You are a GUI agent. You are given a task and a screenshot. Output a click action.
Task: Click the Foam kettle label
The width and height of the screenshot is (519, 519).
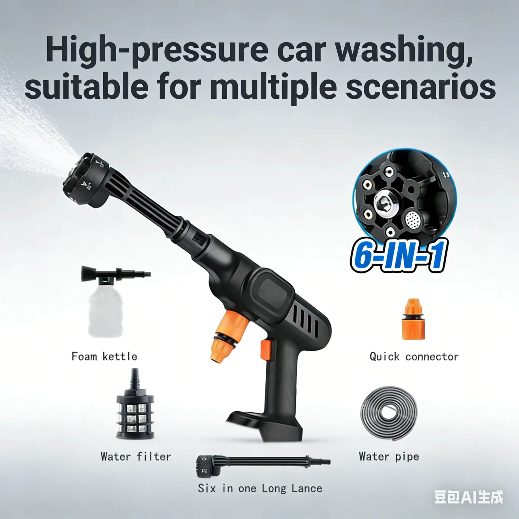[104, 357]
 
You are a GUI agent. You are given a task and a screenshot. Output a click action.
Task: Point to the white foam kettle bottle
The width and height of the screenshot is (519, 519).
[106, 312]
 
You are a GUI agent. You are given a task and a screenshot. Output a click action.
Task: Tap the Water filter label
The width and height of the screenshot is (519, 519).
[136, 457]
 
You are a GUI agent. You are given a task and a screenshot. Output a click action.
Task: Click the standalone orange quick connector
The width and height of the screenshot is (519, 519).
[413, 320]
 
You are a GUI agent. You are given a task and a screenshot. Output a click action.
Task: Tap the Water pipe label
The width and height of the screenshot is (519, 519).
[389, 457]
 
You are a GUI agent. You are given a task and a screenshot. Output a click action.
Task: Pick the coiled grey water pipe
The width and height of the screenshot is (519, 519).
[388, 414]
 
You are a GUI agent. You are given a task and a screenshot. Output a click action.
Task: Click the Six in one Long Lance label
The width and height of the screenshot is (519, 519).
[260, 488]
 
